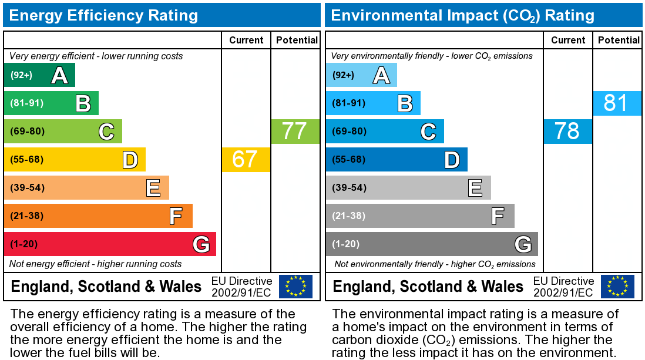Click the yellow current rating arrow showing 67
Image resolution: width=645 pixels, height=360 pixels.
[x=246, y=160]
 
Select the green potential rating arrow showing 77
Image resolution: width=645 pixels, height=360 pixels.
[x=295, y=132]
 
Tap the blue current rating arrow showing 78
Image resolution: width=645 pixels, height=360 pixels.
[x=567, y=132]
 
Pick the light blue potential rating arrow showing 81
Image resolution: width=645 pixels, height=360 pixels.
[x=617, y=103]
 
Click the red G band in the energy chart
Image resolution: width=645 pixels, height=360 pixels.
[x=110, y=244]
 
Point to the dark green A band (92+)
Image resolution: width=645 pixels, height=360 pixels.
[x=39, y=75]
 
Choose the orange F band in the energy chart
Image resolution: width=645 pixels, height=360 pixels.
[x=98, y=216]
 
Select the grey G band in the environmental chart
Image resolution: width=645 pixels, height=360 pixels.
[x=432, y=244]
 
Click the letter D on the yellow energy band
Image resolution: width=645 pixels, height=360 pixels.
[x=130, y=160]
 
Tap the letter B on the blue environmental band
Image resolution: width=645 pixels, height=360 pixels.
[x=405, y=103]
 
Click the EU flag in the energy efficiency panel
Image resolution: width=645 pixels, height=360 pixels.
[x=295, y=286]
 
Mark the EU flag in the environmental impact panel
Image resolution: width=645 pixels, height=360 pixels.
[x=617, y=286]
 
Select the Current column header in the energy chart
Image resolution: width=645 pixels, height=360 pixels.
[x=246, y=40]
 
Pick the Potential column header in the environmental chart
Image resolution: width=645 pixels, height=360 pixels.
[x=619, y=40]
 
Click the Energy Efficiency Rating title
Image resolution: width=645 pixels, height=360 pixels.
[x=104, y=15]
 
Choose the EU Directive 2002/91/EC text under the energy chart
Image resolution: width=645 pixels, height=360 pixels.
[x=241, y=287]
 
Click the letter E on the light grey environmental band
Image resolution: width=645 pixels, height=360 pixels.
[x=475, y=188]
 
